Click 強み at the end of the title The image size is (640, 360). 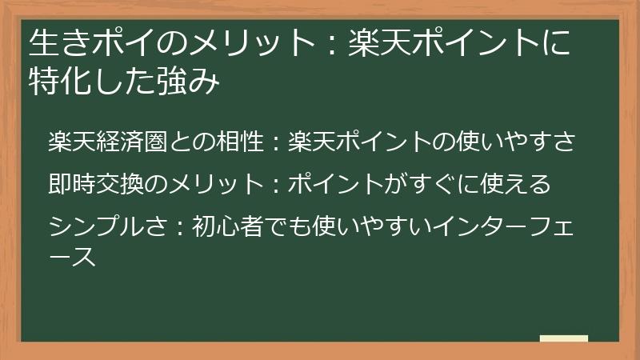193,82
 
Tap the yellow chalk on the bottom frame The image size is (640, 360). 563,339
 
